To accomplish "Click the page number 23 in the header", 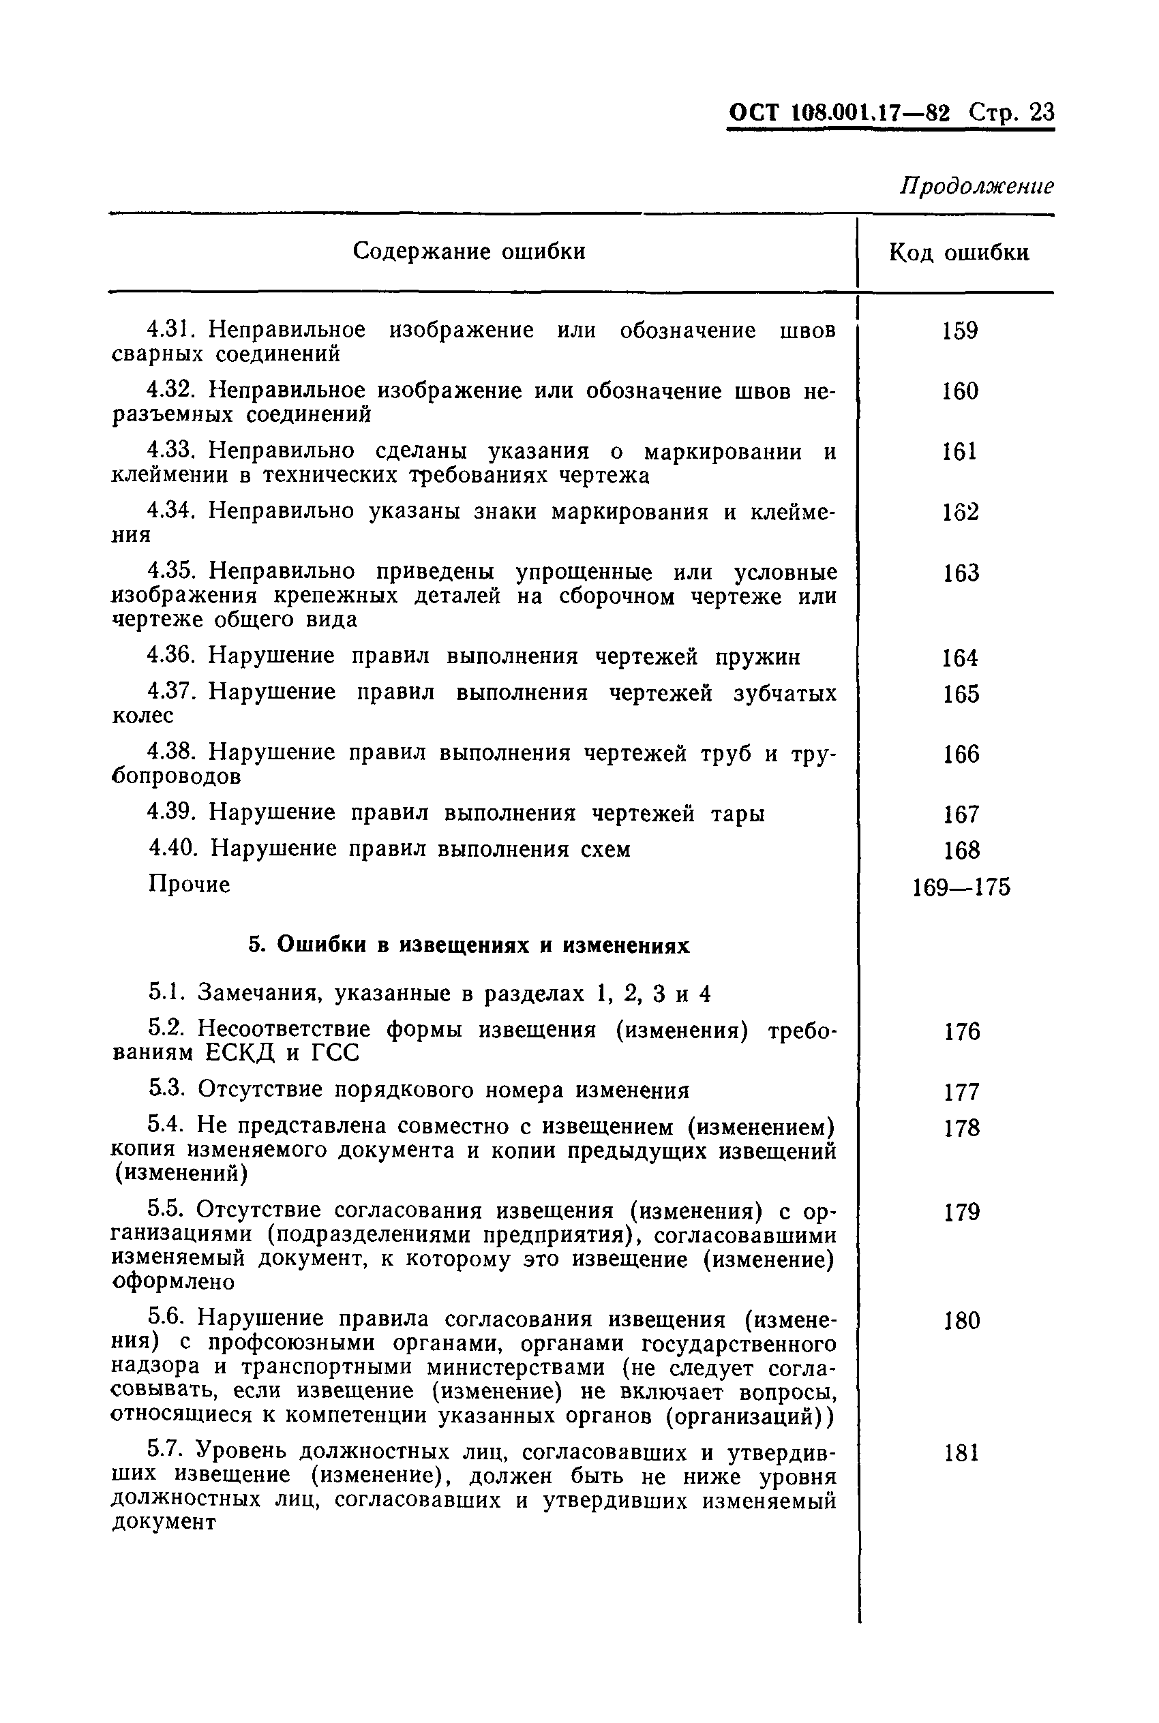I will tap(1042, 112).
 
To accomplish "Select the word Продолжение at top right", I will tap(976, 185).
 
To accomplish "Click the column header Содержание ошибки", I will tap(468, 251).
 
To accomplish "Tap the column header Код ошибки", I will tap(959, 253).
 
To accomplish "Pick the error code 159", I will tap(960, 331).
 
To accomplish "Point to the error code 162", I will tap(960, 512).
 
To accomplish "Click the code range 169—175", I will tap(961, 887).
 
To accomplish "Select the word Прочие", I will tap(190, 885).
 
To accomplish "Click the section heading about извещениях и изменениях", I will tap(468, 946).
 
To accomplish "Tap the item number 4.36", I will tap(170, 656).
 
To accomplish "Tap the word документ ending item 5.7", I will tap(164, 1522).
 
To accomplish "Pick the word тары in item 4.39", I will tap(737, 814).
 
